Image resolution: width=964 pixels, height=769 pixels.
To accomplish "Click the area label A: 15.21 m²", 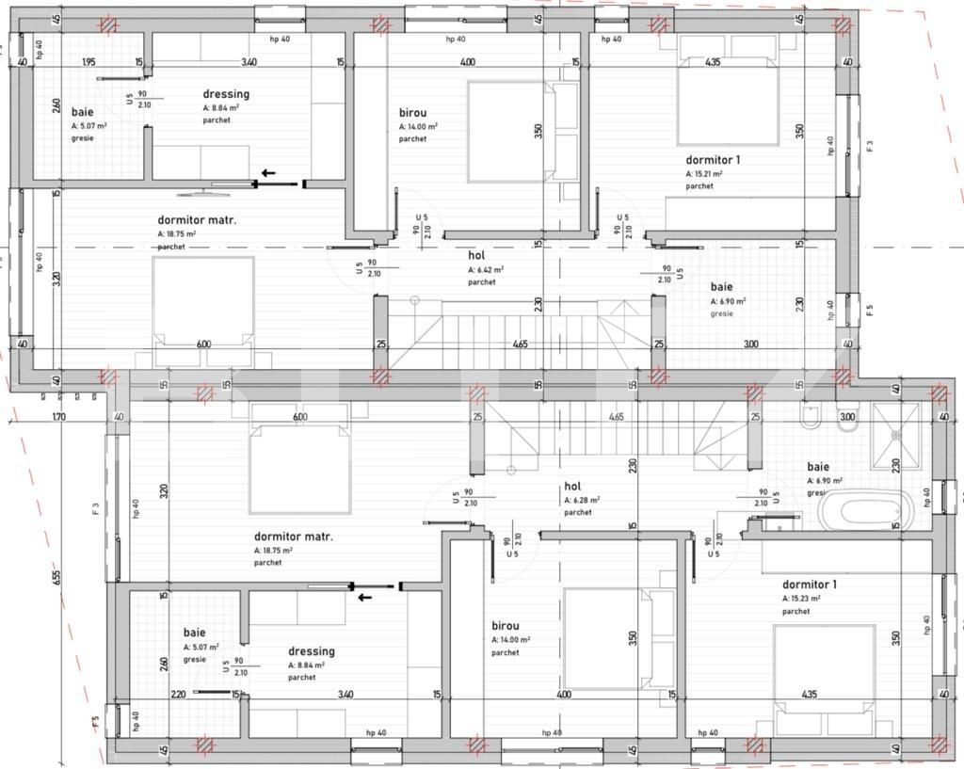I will [703, 174].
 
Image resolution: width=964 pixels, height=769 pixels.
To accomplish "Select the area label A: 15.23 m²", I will [801, 598].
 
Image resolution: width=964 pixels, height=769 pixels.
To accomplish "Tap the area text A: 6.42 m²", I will [485, 269].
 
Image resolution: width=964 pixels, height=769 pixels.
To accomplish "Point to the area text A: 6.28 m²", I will [582, 501].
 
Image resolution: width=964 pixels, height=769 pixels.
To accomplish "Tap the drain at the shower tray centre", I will [896, 438].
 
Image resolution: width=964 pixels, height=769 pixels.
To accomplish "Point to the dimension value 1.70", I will [58, 417].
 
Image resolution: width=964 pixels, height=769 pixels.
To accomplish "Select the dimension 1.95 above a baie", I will [88, 62].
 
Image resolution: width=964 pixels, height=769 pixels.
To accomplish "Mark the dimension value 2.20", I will [179, 695].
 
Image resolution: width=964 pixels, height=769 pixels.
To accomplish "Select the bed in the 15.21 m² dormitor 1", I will [728, 91].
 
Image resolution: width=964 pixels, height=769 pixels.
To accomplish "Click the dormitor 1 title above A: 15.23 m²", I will [809, 585].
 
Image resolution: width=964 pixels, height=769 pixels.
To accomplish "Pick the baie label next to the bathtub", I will [818, 467].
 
